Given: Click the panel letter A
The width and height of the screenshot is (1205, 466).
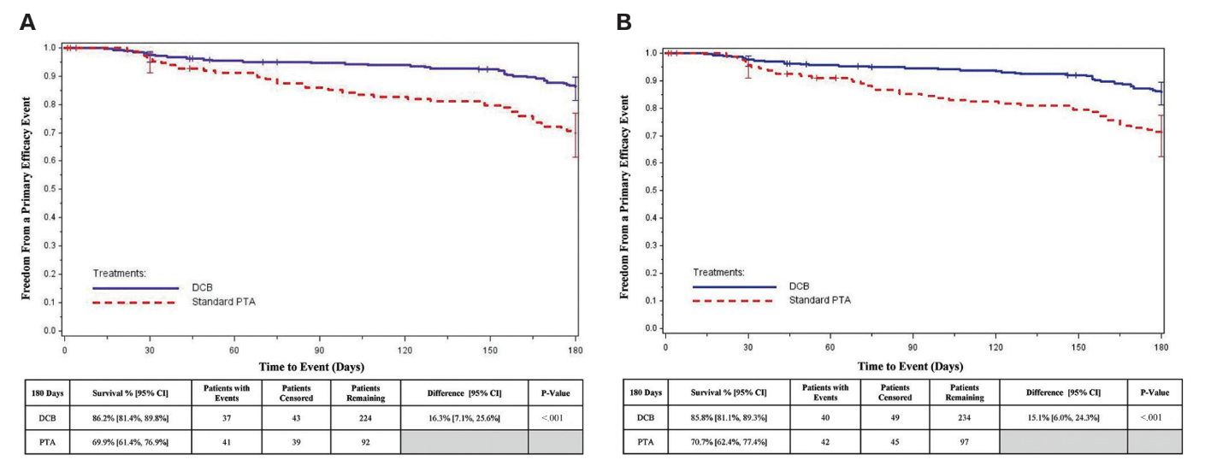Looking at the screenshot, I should pyautogui.click(x=27, y=22).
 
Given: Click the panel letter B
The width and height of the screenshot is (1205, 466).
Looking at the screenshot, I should pyautogui.click(x=623, y=22).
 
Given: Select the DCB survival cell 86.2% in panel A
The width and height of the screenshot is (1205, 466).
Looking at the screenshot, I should pyautogui.click(x=131, y=417).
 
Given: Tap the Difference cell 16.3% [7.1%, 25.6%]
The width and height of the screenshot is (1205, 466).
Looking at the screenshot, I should pyautogui.click(x=465, y=417).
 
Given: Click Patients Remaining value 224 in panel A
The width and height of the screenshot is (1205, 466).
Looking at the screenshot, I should pyautogui.click(x=366, y=417).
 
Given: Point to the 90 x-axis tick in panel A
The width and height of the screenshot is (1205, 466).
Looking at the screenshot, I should pyautogui.click(x=320, y=350).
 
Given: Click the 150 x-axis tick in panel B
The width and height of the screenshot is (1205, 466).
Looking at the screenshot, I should pyautogui.click(x=1078, y=348).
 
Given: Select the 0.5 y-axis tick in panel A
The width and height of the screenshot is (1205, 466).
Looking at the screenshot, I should pyautogui.click(x=50, y=189).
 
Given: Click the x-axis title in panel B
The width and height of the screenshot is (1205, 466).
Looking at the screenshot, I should pyautogui.click(x=912, y=366).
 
